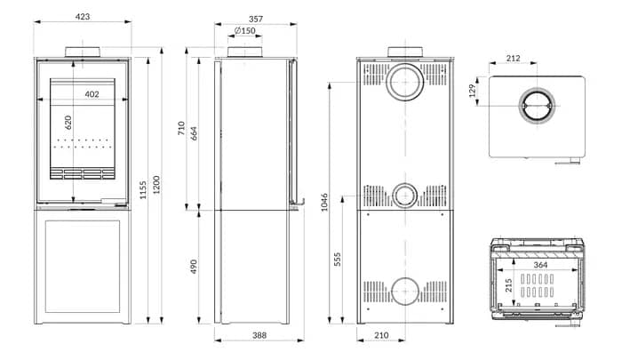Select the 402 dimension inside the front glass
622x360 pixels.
click(x=92, y=94)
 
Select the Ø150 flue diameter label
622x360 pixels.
click(x=245, y=31)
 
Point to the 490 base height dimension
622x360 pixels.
click(x=194, y=267)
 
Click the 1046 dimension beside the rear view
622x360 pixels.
click(x=324, y=202)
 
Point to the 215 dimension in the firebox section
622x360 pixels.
click(x=508, y=286)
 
